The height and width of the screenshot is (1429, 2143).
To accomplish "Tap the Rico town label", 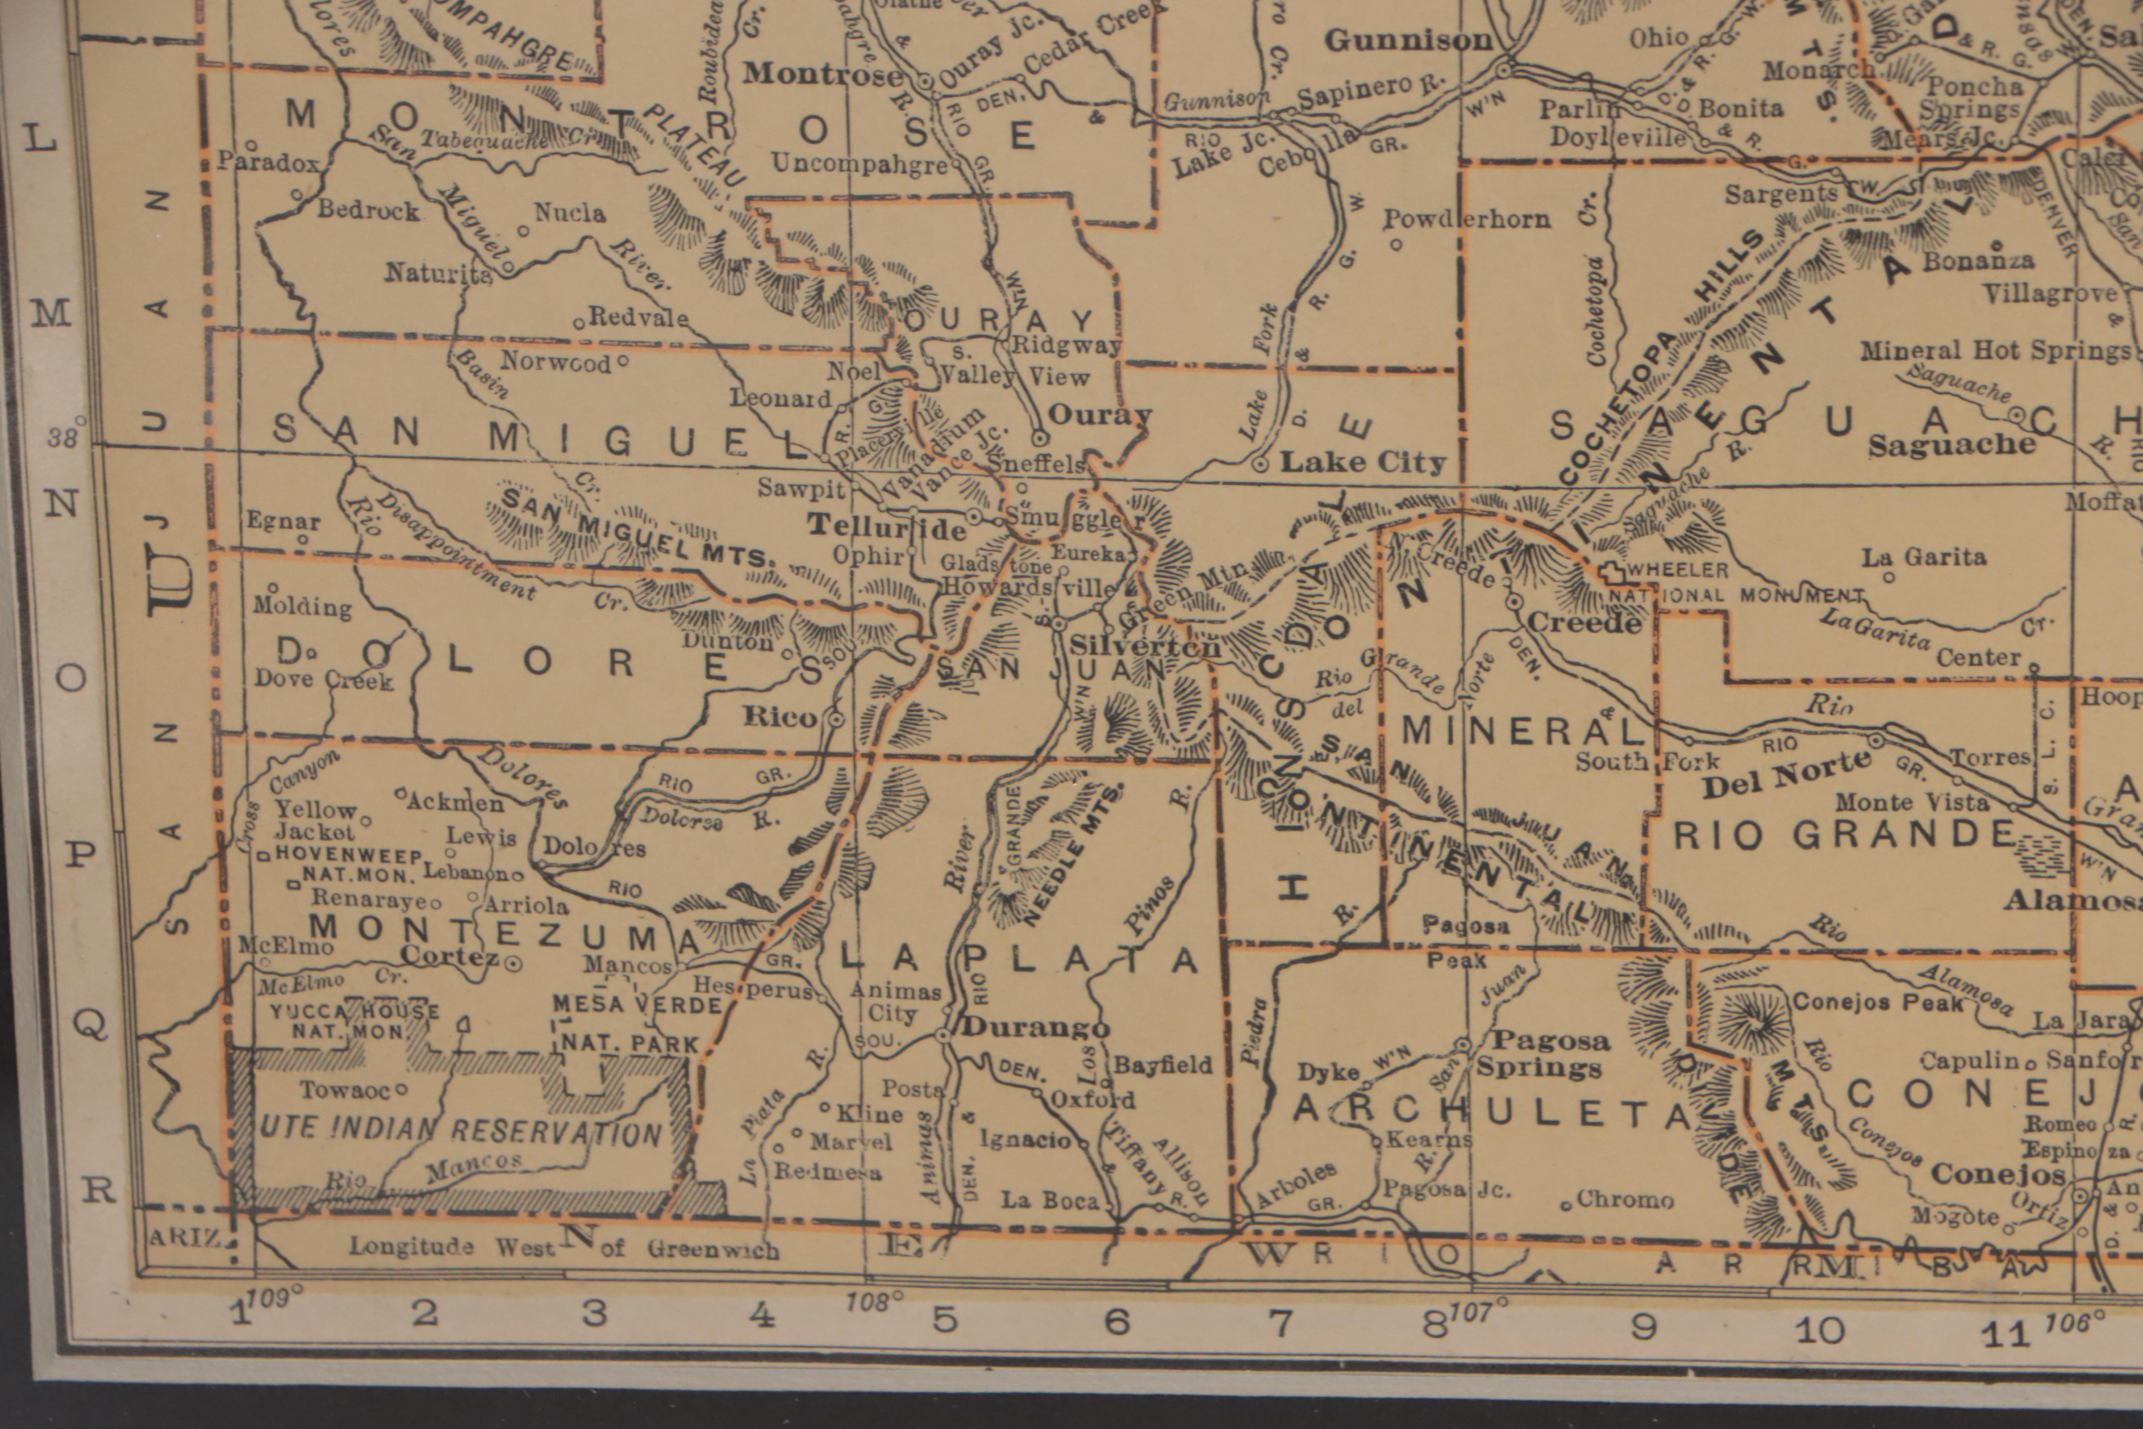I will click(781, 716).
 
